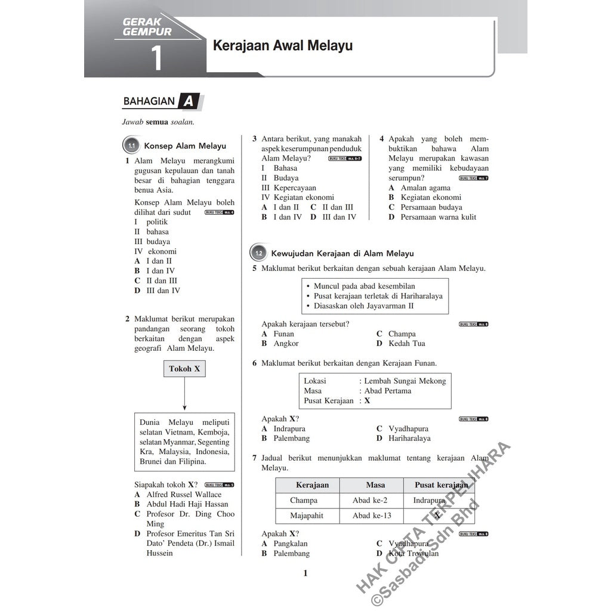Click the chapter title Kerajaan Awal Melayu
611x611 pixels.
pyautogui.click(x=279, y=45)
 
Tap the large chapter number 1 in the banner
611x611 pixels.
pyautogui.click(x=156, y=58)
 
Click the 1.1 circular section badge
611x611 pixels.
pyautogui.click(x=131, y=146)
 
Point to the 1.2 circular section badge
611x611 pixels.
pyautogui.click(x=258, y=254)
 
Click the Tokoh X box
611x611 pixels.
pyautogui.click(x=184, y=369)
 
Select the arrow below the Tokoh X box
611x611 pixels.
pyautogui.click(x=184, y=394)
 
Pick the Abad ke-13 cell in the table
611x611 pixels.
pyautogui.click(x=372, y=516)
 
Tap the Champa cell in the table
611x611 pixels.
pyautogui.click(x=304, y=501)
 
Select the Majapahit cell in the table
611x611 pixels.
pyautogui.click(x=307, y=516)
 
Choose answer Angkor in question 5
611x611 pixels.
pyautogui.click(x=286, y=344)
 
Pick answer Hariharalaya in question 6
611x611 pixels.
pyautogui.click(x=409, y=439)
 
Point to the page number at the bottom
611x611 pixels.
pyautogui.click(x=305, y=573)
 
